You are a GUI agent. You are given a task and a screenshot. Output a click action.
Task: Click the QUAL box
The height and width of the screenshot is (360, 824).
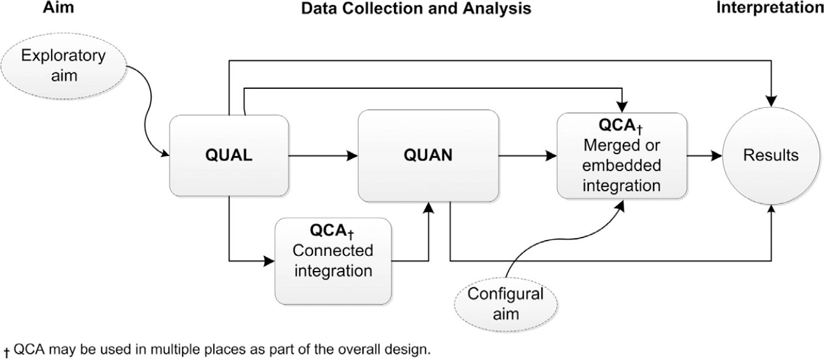228,155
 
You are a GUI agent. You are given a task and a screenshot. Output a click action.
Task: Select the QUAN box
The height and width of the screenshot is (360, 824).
428,155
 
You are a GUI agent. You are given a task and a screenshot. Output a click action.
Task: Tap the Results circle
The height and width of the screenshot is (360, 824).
771,155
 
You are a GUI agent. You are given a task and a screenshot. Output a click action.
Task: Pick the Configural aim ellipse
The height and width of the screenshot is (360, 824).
505,303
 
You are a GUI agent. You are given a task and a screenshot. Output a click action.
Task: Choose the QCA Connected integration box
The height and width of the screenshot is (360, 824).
333,261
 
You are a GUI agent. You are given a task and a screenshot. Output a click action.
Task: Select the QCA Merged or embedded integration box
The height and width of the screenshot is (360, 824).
622,156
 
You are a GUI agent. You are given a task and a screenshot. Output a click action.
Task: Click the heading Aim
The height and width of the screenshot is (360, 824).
56,8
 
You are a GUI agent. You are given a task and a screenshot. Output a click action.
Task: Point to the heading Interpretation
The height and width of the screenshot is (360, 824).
769,8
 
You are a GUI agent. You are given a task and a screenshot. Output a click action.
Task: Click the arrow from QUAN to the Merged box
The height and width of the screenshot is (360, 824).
527,156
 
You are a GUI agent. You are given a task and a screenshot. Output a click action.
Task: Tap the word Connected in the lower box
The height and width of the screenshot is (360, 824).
333,251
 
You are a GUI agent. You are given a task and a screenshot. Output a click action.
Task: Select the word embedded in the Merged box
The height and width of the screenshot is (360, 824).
621,167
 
